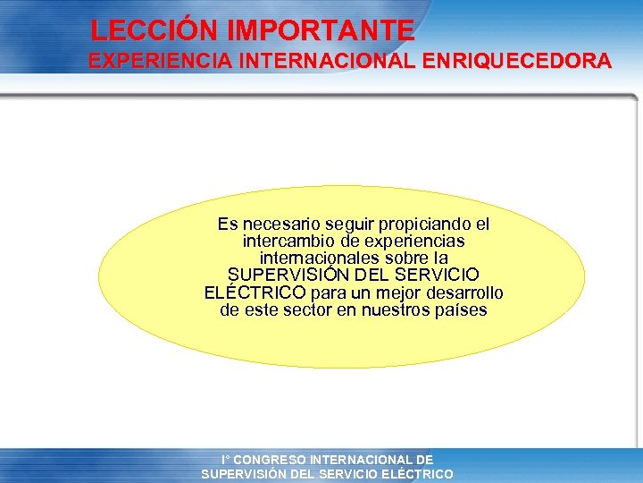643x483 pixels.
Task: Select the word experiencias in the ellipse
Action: [415, 241]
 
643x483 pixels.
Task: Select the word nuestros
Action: [397, 309]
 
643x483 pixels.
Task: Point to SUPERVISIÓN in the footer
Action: [246, 474]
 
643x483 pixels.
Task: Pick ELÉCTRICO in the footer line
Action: [415, 474]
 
